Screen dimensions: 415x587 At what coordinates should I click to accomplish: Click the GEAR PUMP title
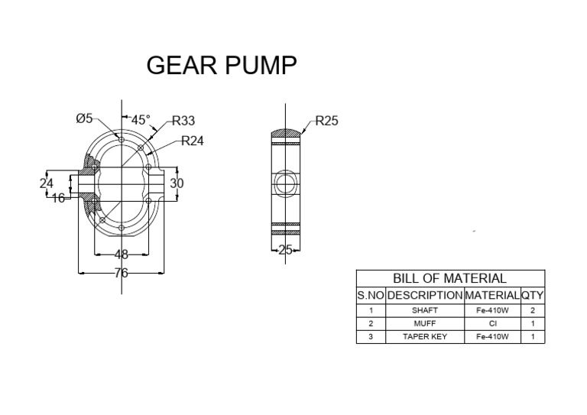[x=221, y=66]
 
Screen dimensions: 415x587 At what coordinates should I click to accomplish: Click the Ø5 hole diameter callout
[x=84, y=118]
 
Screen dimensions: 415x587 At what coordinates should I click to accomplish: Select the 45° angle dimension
[x=141, y=120]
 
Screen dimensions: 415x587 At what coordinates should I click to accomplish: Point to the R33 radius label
[x=183, y=120]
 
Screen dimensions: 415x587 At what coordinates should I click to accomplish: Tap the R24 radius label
[x=193, y=141]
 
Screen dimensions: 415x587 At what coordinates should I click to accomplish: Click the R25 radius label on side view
[x=326, y=121]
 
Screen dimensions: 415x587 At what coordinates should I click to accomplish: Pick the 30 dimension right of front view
[x=177, y=183]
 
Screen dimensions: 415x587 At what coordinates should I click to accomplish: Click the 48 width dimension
[x=121, y=255]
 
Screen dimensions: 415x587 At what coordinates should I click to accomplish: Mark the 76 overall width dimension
[x=121, y=272]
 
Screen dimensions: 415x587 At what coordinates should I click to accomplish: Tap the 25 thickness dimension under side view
[x=286, y=249]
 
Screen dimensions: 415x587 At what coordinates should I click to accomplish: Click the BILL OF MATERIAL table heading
[x=450, y=279]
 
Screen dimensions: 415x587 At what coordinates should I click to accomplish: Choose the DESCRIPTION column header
[x=425, y=295]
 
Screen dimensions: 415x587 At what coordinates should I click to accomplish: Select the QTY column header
[x=533, y=295]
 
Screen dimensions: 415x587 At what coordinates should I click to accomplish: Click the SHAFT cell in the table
[x=425, y=311]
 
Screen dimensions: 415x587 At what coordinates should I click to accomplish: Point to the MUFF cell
[x=425, y=323]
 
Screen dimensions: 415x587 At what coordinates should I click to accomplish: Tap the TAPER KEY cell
[x=425, y=336]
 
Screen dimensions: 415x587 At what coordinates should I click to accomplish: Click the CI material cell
[x=492, y=323]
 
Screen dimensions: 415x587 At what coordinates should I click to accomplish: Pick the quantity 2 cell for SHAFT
[x=533, y=311]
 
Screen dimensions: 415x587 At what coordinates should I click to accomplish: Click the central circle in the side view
[x=286, y=183]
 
